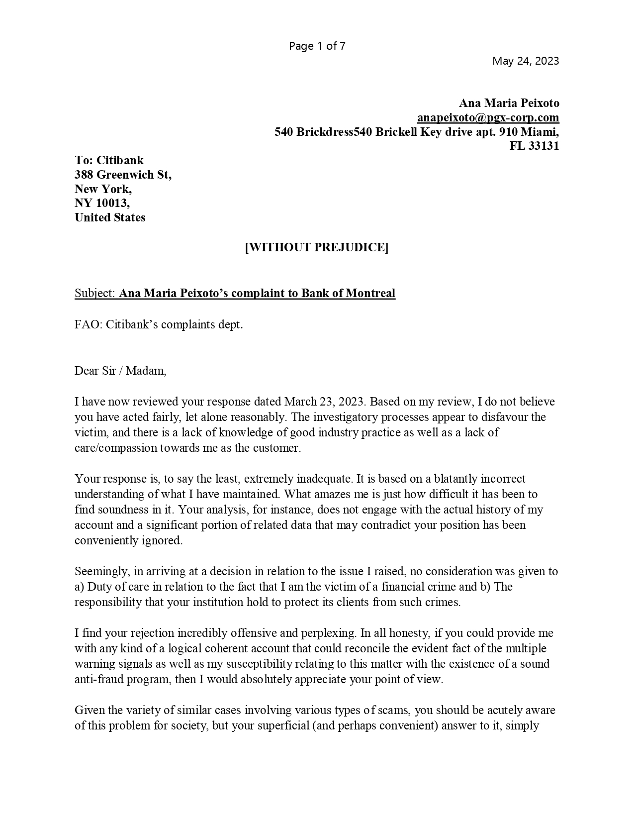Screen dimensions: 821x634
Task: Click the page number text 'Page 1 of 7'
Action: coord(317,46)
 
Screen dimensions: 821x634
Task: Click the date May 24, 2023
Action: coord(525,61)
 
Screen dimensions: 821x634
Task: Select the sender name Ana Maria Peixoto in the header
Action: coord(508,103)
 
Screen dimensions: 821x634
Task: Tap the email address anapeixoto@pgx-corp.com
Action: coord(488,117)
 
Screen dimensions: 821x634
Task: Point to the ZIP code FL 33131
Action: coord(534,146)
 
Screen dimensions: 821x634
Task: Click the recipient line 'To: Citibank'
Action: coord(109,160)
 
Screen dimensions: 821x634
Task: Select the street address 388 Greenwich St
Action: coord(123,175)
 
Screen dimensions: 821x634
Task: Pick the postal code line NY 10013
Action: coord(102,203)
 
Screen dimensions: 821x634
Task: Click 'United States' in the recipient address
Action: coord(110,217)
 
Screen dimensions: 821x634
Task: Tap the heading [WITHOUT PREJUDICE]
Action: coord(317,247)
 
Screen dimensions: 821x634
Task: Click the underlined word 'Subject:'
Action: coord(95,293)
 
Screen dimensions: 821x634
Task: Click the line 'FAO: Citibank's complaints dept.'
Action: coord(159,325)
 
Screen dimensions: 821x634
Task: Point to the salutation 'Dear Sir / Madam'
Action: coord(120,371)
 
